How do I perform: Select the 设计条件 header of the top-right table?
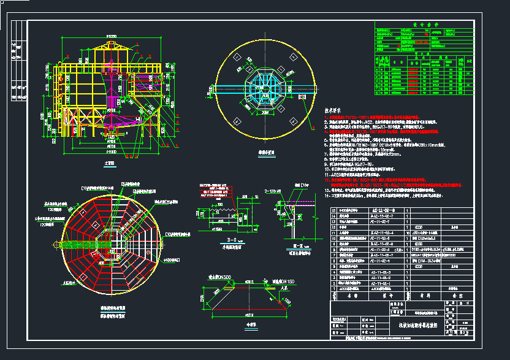424,26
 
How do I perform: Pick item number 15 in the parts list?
334,210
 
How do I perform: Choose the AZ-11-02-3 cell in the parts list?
381,250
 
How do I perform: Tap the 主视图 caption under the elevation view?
110,164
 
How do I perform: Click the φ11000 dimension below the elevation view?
111,151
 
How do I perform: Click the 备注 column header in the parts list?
455,295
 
